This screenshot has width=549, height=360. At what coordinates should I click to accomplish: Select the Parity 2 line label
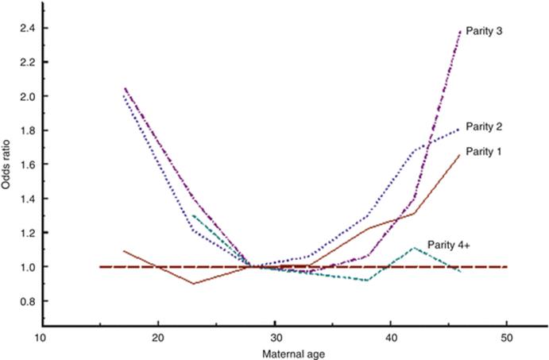coord(482,126)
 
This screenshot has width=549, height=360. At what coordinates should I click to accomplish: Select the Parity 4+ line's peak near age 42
coord(414,248)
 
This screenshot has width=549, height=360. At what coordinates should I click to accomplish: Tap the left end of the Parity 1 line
coord(123,251)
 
